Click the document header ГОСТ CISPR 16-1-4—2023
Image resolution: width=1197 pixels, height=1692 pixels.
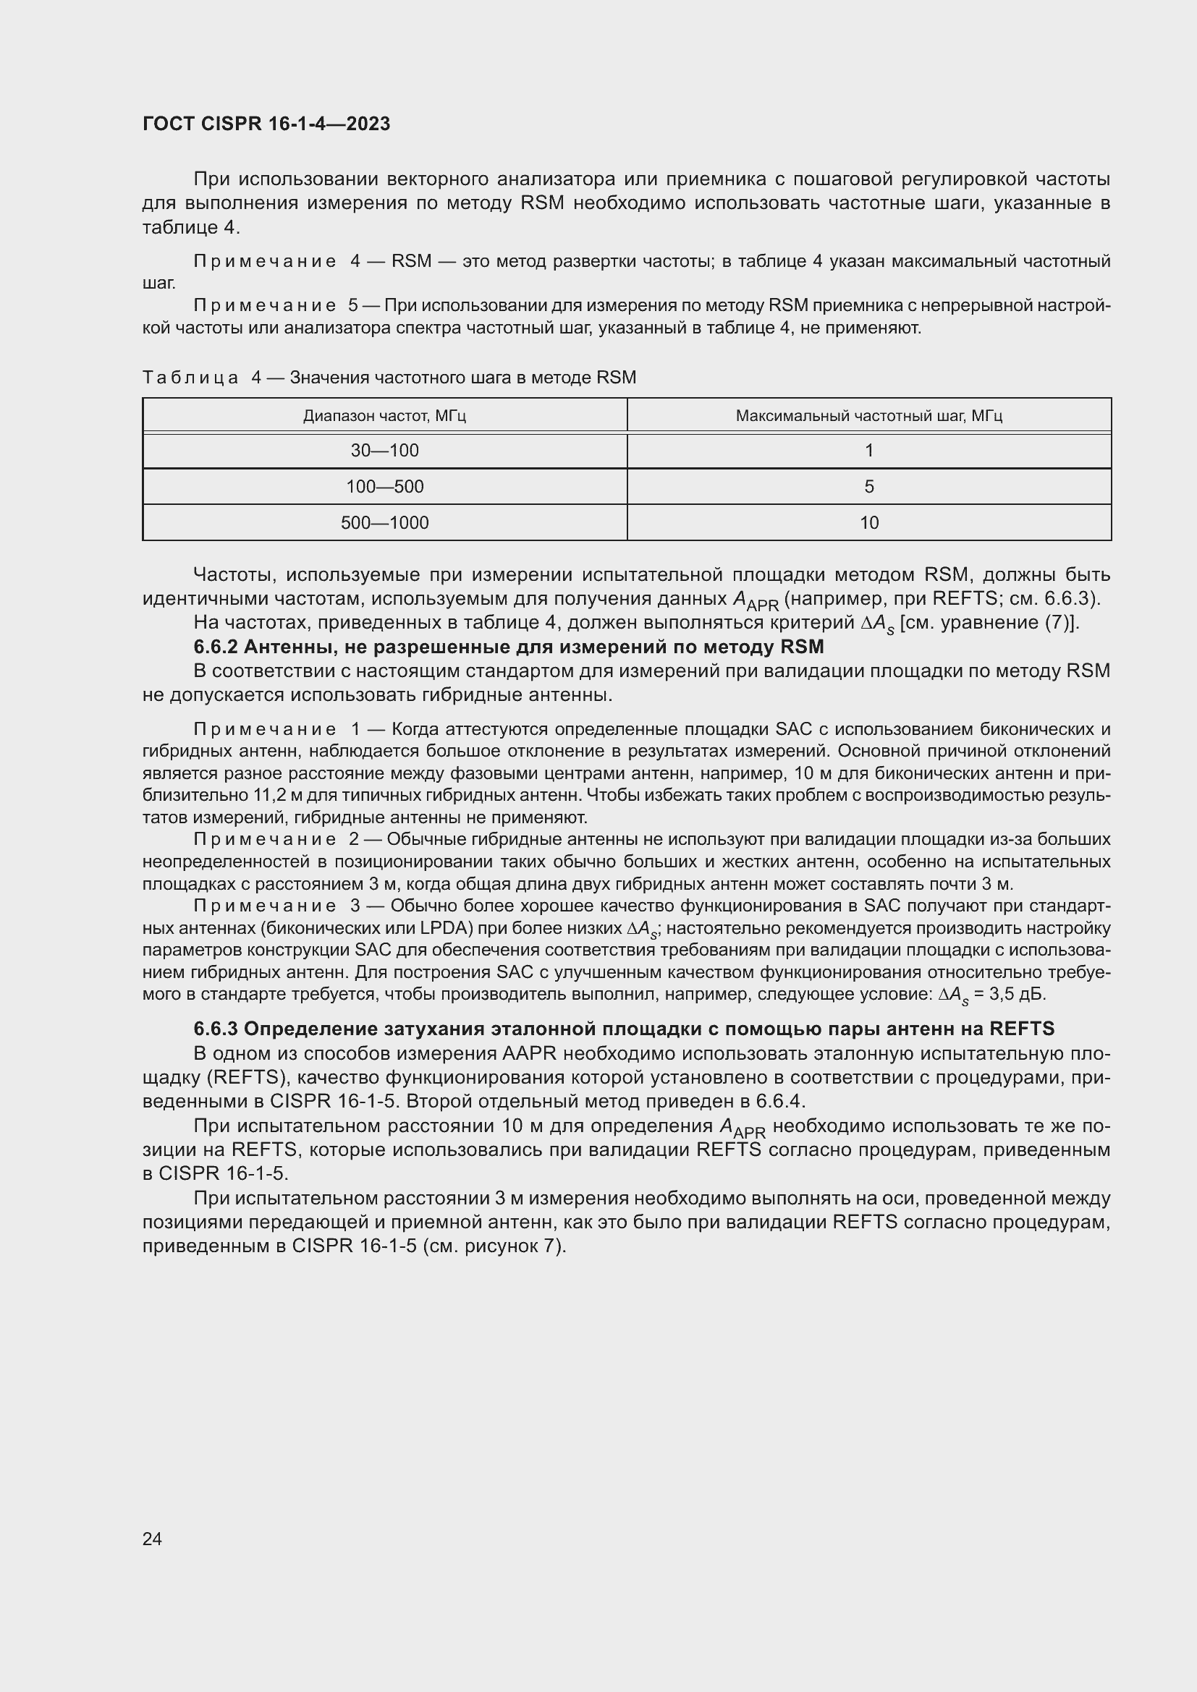pos(266,124)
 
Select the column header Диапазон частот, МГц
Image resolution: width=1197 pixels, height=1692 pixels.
pos(384,416)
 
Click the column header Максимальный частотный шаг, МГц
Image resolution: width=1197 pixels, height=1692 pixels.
pos(868,416)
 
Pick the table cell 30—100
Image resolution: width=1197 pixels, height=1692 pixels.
pos(384,450)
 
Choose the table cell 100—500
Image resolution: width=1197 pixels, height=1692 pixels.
pos(384,486)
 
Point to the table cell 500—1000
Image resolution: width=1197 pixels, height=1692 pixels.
pos(384,522)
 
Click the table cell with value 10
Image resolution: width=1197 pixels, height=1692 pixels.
pos(869,522)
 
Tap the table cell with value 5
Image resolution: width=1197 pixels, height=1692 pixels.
pos(869,486)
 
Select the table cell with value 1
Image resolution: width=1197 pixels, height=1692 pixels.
pos(869,450)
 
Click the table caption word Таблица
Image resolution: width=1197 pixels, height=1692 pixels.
pos(190,378)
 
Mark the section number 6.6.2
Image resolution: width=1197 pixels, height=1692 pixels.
pos(214,647)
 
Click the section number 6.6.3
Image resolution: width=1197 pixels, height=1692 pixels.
pos(214,1029)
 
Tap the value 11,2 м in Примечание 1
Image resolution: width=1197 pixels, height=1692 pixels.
pos(242,795)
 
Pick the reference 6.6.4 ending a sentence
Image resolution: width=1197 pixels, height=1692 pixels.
pos(779,1101)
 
